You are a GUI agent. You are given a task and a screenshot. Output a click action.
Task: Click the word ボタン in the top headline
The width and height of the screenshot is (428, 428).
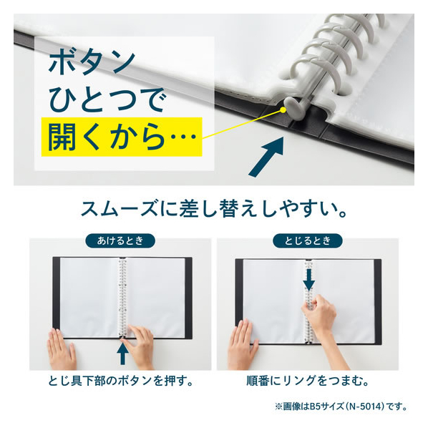click(92, 63)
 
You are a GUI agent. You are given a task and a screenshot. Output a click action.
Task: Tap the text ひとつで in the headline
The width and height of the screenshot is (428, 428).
click(107, 99)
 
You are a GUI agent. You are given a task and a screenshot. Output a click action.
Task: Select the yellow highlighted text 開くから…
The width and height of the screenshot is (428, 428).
click(122, 137)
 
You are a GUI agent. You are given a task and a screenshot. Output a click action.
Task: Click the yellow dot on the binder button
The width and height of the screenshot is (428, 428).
click(283, 110)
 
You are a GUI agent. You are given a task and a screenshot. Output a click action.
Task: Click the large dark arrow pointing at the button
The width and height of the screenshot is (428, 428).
click(266, 157)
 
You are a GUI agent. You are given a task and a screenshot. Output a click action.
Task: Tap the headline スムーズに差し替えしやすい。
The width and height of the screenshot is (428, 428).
click(214, 209)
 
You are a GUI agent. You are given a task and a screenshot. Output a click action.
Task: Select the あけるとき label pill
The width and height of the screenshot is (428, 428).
click(120, 240)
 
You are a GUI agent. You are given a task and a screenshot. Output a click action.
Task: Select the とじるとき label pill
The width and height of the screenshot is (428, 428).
click(308, 240)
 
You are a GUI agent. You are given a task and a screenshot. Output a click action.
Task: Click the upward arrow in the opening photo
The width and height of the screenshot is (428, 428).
click(122, 354)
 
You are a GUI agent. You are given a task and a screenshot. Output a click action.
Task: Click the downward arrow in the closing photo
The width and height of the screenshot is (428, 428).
click(309, 279)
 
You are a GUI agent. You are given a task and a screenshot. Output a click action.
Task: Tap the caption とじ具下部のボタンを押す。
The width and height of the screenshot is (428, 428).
click(121, 381)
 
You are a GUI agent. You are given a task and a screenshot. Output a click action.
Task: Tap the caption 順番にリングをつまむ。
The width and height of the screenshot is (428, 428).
click(308, 381)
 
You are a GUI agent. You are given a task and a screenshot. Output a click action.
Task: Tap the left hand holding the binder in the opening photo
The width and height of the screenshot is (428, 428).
click(62, 349)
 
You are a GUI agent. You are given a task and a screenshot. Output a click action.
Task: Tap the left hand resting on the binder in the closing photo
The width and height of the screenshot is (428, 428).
click(243, 344)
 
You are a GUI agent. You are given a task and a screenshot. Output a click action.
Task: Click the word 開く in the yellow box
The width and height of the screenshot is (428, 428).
click(73, 137)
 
